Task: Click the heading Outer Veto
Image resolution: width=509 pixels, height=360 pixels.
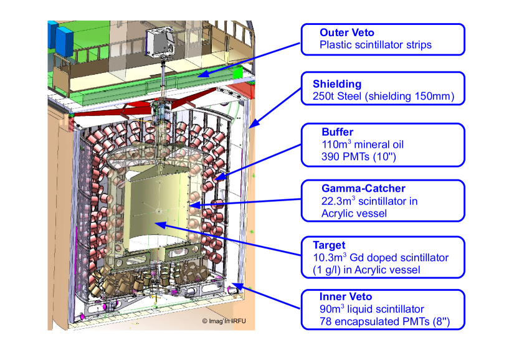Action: tap(346, 32)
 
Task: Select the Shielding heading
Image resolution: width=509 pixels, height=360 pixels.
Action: tap(338, 84)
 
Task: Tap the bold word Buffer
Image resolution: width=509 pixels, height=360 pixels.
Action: tap(337, 132)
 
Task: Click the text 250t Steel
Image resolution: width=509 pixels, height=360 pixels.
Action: tap(337, 97)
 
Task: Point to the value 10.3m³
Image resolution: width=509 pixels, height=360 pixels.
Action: tap(331, 258)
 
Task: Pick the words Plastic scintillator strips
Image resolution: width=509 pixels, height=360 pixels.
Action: tap(375, 45)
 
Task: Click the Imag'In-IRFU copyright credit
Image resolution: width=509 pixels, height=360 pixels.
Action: tap(228, 321)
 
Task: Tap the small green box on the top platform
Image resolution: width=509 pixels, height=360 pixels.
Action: tap(237, 72)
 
